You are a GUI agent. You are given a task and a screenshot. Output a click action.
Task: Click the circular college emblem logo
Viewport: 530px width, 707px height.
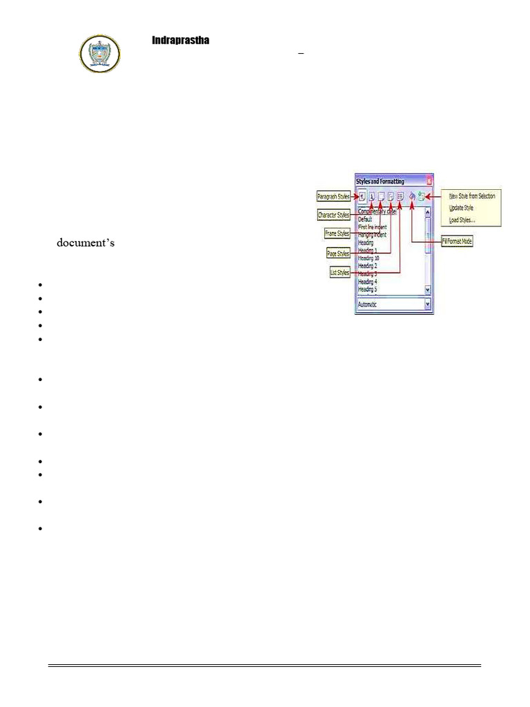click(x=100, y=53)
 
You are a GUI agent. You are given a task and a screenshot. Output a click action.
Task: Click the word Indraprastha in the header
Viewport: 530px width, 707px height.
click(x=180, y=41)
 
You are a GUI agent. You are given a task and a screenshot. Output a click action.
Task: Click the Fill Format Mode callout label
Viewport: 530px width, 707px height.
click(x=456, y=242)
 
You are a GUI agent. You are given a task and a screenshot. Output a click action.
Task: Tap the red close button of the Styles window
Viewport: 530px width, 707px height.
click(x=429, y=180)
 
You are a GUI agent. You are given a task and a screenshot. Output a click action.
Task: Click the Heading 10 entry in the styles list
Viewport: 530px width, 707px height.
click(x=369, y=258)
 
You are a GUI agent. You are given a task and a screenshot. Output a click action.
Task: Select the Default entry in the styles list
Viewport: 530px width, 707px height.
click(x=365, y=219)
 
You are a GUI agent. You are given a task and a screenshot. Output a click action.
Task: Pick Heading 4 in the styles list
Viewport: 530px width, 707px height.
click(x=367, y=282)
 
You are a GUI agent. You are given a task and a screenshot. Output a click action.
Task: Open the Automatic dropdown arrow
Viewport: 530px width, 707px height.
click(x=428, y=304)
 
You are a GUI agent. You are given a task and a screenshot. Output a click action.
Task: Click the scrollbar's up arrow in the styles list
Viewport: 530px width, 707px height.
click(x=428, y=213)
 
